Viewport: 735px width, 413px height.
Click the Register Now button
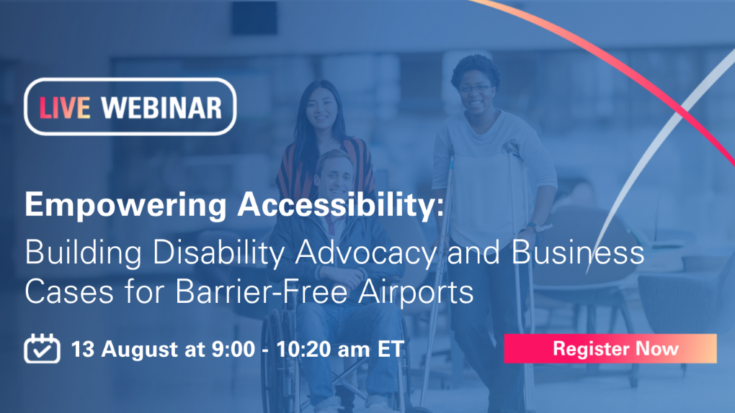[x=610, y=348]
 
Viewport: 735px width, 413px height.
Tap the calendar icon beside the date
[x=43, y=348]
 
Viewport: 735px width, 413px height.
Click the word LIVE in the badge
[x=65, y=108]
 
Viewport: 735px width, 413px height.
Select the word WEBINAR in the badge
[x=161, y=108]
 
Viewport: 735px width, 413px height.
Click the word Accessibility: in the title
[x=341, y=204]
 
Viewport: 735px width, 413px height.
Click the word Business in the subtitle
[x=577, y=253]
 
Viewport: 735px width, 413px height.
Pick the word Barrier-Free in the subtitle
[x=262, y=291]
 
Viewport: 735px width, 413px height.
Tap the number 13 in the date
[x=82, y=349]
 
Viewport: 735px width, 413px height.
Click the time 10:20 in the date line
[x=306, y=349]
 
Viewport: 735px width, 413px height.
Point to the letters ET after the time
[x=391, y=349]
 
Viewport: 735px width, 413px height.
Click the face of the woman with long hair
[x=321, y=109]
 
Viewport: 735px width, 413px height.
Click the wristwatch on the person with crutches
[x=533, y=228]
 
